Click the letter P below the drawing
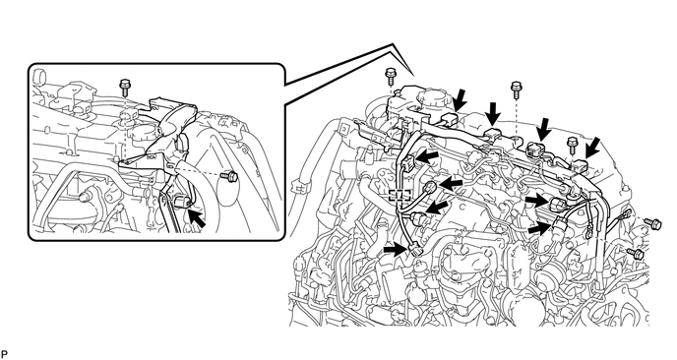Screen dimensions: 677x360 [x=5, y=354]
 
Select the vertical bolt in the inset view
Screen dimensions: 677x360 [x=125, y=88]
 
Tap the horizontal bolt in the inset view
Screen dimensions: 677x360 [x=228, y=176]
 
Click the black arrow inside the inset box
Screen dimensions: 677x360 [x=197, y=218]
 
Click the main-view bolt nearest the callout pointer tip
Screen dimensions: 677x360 [x=391, y=77]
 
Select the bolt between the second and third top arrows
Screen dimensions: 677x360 [x=516, y=90]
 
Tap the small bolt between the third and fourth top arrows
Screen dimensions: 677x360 [x=572, y=145]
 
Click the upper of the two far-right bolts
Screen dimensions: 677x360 [x=652, y=222]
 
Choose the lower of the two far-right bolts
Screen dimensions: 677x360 [x=635, y=252]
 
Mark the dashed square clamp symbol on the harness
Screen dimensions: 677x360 [x=400, y=195]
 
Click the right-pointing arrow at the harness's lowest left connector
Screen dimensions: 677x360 [x=395, y=249]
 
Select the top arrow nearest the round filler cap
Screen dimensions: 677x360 [x=461, y=99]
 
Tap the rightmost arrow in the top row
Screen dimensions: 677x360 [x=591, y=149]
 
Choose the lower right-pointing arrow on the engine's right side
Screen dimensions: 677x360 [x=539, y=228]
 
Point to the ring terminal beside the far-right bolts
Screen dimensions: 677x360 [x=624, y=214]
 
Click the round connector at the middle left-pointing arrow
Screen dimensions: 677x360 [x=430, y=187]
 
